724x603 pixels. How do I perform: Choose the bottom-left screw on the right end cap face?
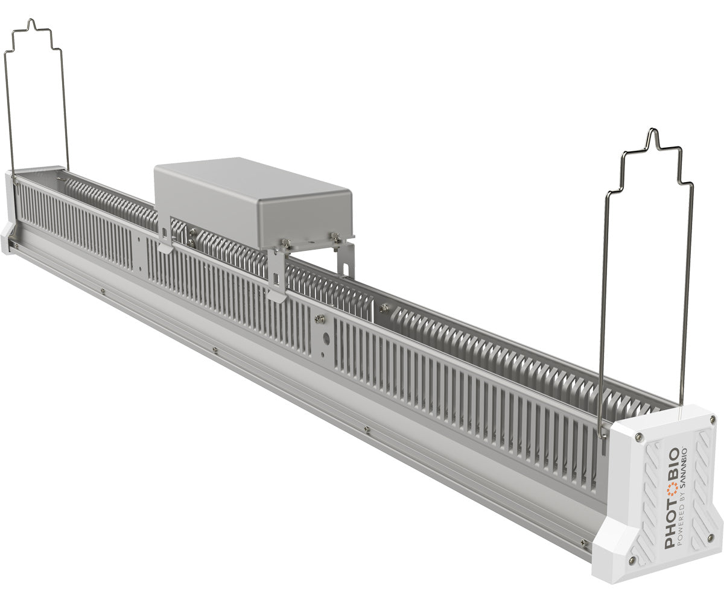point(632,561)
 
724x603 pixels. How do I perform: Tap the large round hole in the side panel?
point(326,339)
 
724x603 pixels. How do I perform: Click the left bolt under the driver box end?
point(285,242)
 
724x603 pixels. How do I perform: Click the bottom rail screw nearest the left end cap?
point(103,291)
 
